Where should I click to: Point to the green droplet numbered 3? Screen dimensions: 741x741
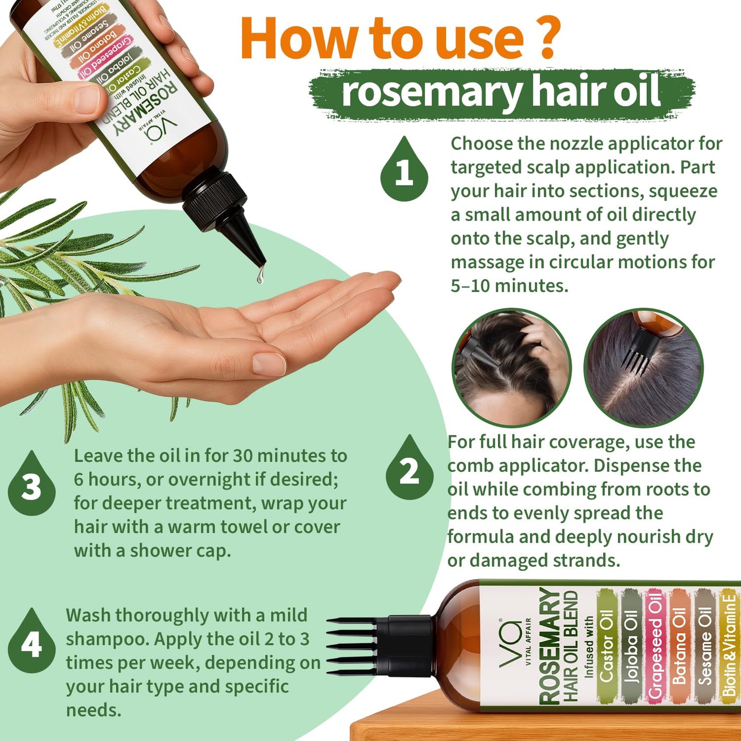pos(31,486)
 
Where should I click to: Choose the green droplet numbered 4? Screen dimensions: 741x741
pos(31,644)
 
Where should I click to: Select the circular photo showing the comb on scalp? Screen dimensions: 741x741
pos(644,367)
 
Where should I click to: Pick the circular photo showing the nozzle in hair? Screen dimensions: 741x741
pos(511,367)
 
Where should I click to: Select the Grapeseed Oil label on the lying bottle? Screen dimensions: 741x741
pos(655,645)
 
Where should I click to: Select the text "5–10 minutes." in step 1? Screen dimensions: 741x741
pos(509,286)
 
